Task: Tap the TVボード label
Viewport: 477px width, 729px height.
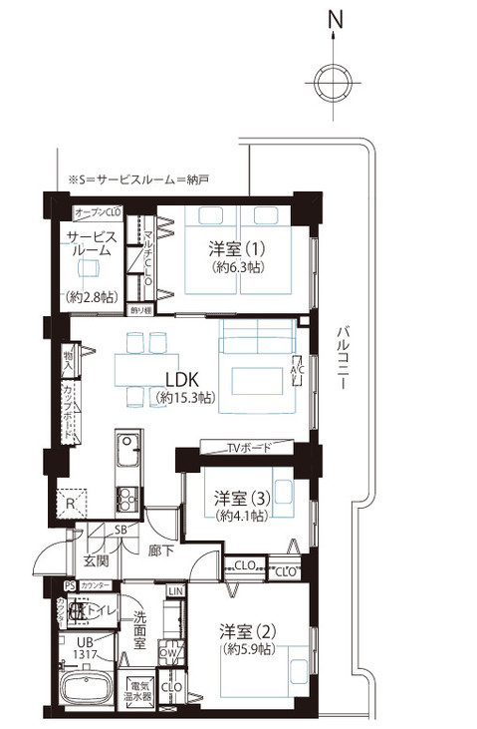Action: point(249,449)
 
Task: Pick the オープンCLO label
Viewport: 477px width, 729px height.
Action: point(98,212)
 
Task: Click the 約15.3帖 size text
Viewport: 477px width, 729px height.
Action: point(184,398)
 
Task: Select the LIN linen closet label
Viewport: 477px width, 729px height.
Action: point(175,593)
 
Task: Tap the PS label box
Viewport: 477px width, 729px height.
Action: point(69,586)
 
